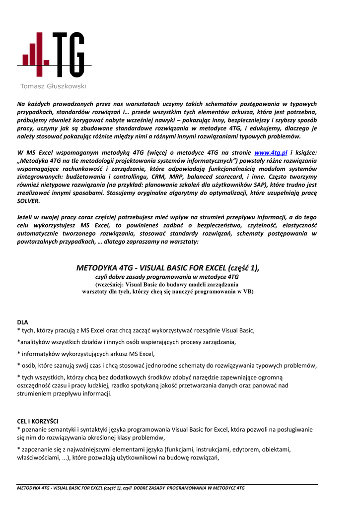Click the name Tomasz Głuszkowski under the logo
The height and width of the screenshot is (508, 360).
[53, 86]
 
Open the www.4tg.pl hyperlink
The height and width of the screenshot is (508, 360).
[271, 152]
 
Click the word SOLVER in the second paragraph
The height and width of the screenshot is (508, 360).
[29, 201]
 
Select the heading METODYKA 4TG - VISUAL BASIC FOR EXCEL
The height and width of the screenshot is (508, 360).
[168, 268]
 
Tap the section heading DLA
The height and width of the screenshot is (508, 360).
[23, 322]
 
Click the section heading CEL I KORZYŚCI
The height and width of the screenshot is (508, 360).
[38, 421]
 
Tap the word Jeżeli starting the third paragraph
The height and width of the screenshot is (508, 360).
[27, 217]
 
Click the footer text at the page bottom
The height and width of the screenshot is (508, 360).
[131, 488]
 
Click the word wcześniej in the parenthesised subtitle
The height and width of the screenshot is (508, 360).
[110, 284]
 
